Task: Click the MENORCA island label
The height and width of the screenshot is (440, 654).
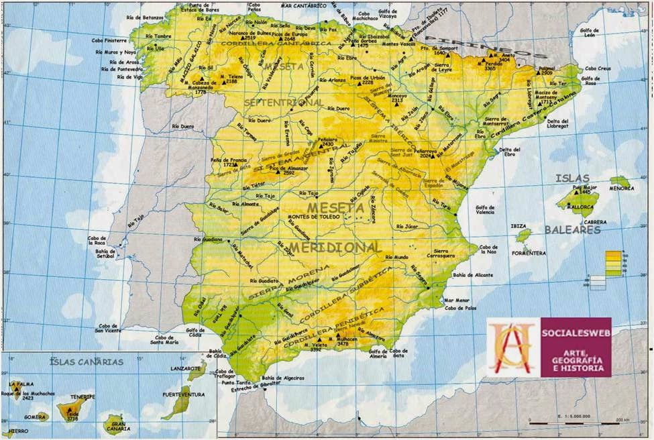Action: pos(621,188)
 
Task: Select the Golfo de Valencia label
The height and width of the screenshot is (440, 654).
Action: pos(490,211)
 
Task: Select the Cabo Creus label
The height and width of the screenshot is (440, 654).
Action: pos(598,68)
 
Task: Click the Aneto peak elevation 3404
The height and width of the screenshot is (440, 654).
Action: pos(504,60)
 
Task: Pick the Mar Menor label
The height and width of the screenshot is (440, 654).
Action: pos(458,300)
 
